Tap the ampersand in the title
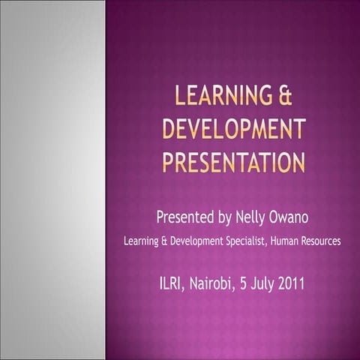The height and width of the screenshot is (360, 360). pyautogui.click(x=283, y=97)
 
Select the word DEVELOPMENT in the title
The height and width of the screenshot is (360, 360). pyautogui.click(x=235, y=129)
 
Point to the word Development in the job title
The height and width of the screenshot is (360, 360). pyautogui.click(x=196, y=241)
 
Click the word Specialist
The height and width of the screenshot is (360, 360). pyautogui.click(x=250, y=241)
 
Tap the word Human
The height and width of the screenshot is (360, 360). pyautogui.click(x=289, y=241)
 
